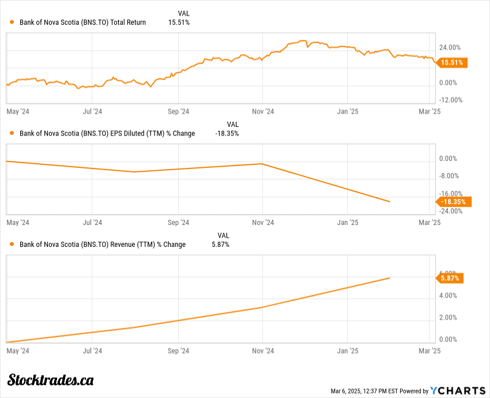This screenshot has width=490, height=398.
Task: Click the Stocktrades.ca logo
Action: click(x=51, y=380)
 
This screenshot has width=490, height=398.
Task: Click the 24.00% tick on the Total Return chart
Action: click(x=450, y=47)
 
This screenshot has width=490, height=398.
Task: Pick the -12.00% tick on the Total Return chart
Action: click(x=450, y=100)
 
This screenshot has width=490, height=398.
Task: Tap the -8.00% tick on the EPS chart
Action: click(x=450, y=176)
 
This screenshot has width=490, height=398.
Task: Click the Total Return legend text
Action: click(x=82, y=22)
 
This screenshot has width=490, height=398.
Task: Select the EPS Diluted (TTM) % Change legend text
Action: click(x=107, y=133)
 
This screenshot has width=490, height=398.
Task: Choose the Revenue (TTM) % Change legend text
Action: click(x=103, y=245)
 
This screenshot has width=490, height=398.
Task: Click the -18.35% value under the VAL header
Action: click(x=227, y=133)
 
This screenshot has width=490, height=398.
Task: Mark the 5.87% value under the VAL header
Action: click(x=220, y=245)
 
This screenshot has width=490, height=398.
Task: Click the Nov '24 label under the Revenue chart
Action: click(x=262, y=350)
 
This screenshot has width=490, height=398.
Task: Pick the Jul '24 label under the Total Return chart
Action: click(x=92, y=111)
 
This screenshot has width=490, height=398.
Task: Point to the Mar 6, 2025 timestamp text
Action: click(x=361, y=391)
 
